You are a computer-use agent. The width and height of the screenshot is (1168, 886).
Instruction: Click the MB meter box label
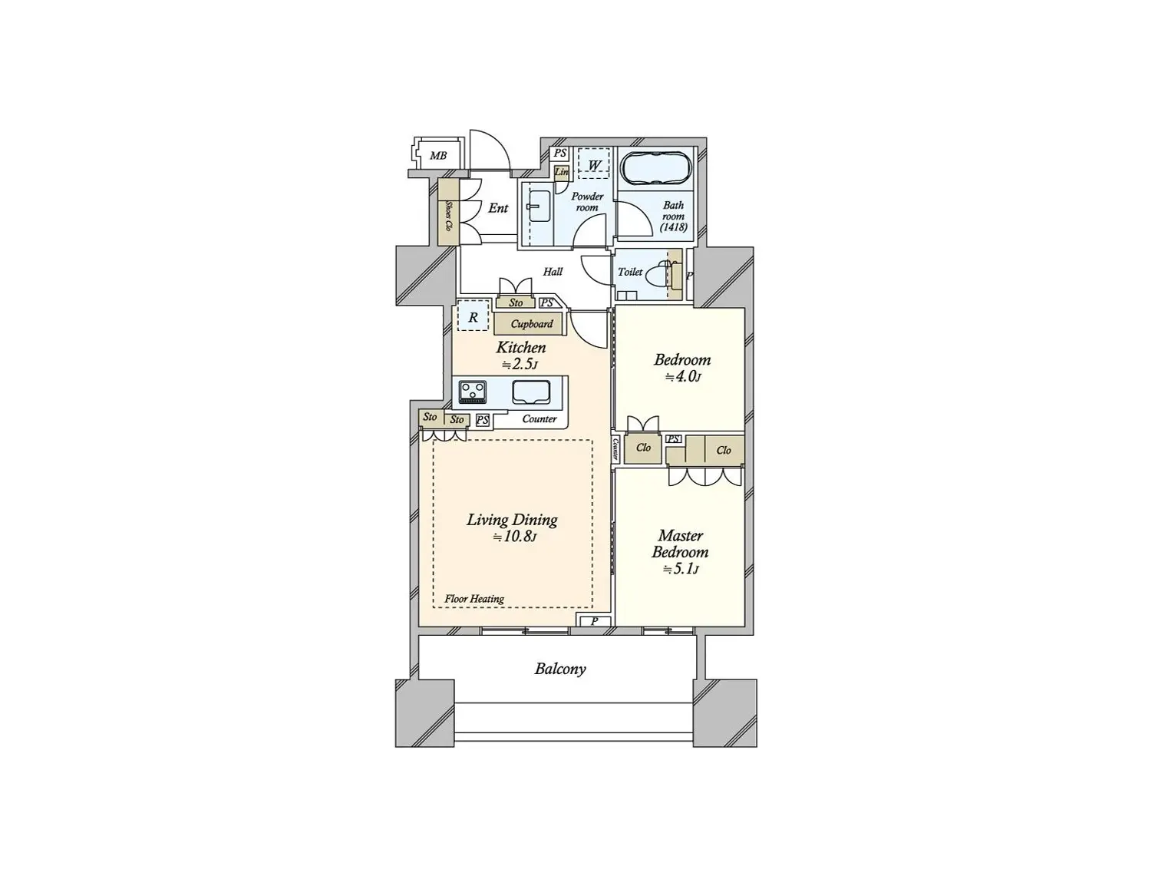pyautogui.click(x=438, y=156)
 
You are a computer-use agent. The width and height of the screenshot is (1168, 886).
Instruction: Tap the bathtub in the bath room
pyautogui.click(x=656, y=168)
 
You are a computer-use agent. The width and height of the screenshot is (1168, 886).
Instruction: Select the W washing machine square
pyautogui.click(x=594, y=165)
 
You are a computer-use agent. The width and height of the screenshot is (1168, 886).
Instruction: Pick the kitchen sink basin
pyautogui.click(x=532, y=392)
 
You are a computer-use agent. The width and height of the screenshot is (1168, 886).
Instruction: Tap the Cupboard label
pyautogui.click(x=532, y=323)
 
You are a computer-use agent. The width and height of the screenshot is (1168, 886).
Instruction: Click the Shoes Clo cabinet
pyautogui.click(x=448, y=212)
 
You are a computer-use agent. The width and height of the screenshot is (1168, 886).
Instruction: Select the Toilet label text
pyautogui.click(x=630, y=272)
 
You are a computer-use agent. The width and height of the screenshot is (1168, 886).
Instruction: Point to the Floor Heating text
pyautogui.click(x=474, y=599)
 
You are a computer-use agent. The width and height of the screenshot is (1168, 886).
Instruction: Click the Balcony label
pyautogui.click(x=559, y=669)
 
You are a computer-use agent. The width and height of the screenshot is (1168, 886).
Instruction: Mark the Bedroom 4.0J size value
pyautogui.click(x=683, y=377)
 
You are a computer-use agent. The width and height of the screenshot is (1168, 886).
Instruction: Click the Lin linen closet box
pyautogui.click(x=562, y=173)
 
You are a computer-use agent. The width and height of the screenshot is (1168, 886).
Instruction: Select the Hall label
pyautogui.click(x=553, y=272)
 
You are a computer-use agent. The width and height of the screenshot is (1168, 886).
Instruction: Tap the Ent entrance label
pyautogui.click(x=498, y=208)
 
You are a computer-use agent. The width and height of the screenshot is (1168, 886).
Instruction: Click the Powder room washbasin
pyautogui.click(x=539, y=207)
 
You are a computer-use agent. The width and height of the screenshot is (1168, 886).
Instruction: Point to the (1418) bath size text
pyautogui.click(x=674, y=227)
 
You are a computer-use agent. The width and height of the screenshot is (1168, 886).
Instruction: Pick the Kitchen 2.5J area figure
pyautogui.click(x=520, y=365)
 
